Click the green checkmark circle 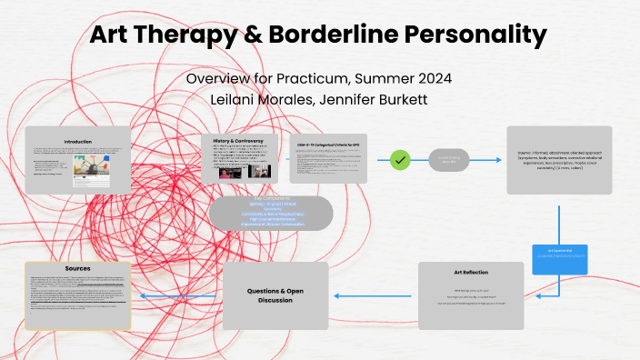[402, 160]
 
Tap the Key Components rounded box [271, 213]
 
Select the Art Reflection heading [470, 270]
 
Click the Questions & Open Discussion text [275, 295]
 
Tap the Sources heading [78, 270]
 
